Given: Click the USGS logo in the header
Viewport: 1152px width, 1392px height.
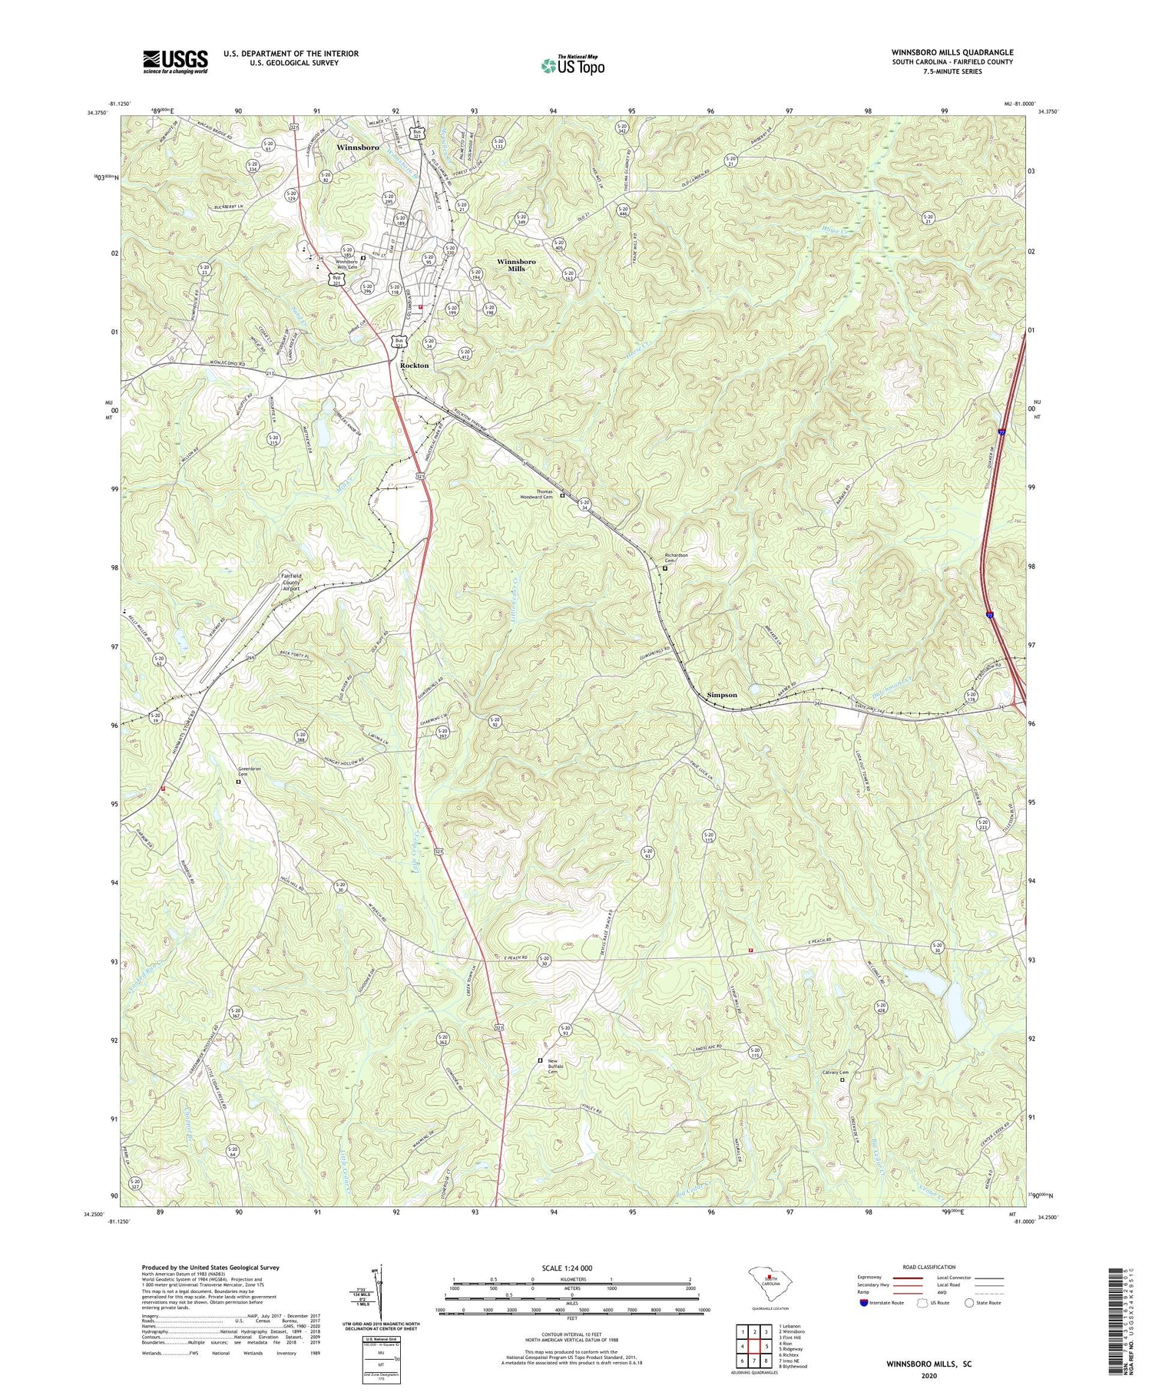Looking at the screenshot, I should click(x=175, y=61).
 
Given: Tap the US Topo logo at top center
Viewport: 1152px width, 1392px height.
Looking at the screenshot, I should click(x=573, y=65).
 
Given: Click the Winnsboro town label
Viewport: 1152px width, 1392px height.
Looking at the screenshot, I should click(x=358, y=147).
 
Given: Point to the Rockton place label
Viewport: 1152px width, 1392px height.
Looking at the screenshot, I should click(x=414, y=365).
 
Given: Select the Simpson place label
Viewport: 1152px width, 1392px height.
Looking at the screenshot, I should click(x=721, y=695).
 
